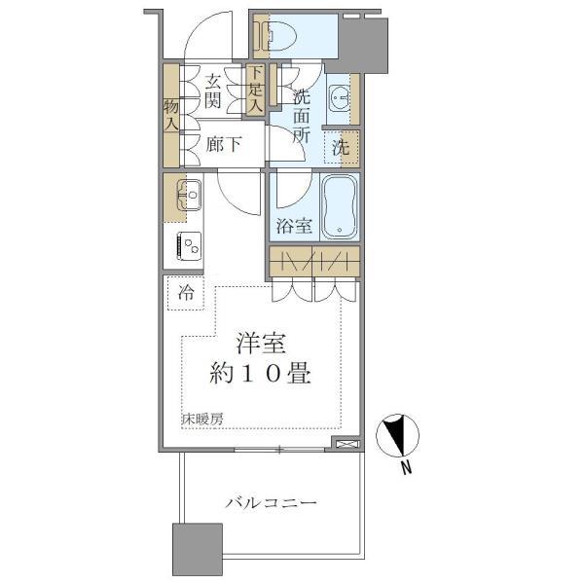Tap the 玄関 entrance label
point(214,91)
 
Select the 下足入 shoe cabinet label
point(255,89)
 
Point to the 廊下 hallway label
point(224,145)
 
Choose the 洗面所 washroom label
point(301,116)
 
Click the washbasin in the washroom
point(339,96)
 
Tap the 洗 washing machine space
point(341,148)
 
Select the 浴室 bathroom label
point(293,227)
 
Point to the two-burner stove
point(188,246)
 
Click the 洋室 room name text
point(262,345)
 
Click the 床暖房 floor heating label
point(201,420)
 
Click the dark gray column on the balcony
point(199,553)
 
